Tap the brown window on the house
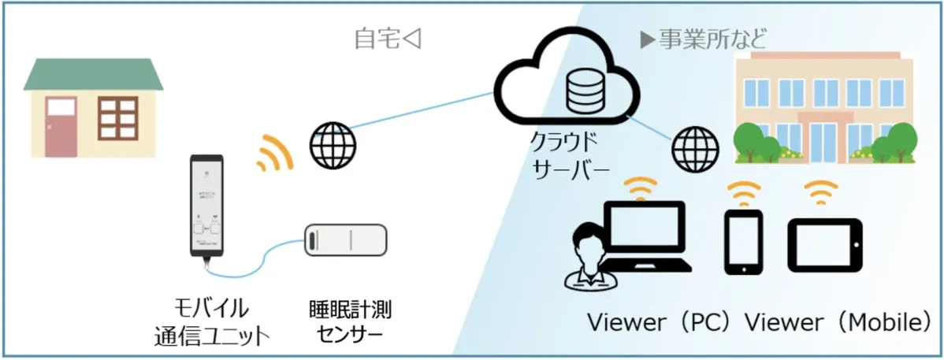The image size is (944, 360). [117, 121]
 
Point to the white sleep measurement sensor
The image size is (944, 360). [346, 239]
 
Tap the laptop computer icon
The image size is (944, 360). [644, 236]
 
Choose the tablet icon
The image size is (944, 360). [825, 243]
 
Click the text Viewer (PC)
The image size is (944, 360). [664, 323]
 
